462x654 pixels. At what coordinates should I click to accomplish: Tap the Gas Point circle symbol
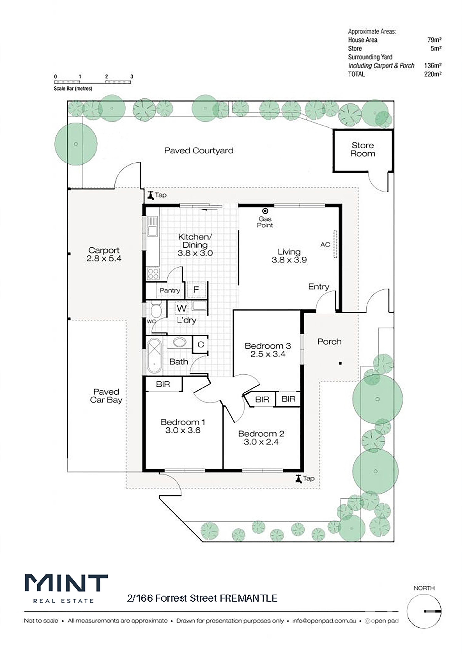pos(265,211)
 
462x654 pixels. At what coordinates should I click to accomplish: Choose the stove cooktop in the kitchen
pos(153,274)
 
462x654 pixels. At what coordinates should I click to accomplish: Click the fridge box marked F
pos(196,290)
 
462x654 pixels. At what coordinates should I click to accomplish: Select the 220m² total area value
pos(433,74)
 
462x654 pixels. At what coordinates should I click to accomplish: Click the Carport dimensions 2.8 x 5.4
pos(104,258)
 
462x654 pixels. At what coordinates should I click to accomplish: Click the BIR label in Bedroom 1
pos(163,384)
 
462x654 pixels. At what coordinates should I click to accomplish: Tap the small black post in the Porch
pos(340,363)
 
